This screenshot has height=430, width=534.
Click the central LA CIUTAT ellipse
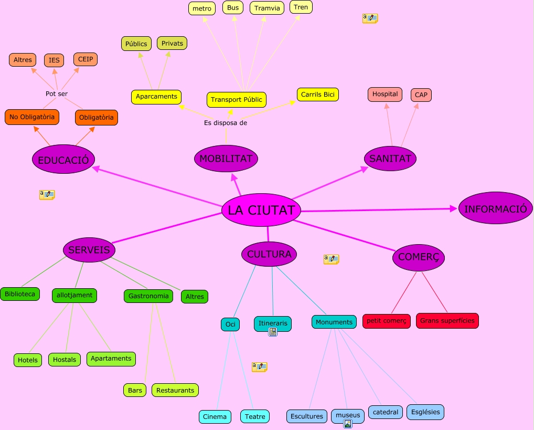click(x=261, y=211)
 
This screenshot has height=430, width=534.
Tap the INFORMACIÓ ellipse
click(x=495, y=208)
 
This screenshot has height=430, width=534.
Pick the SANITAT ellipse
click(x=390, y=158)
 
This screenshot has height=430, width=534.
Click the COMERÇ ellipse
click(x=419, y=257)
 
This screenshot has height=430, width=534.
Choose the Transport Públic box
click(x=236, y=99)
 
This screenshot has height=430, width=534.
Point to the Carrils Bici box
click(x=318, y=95)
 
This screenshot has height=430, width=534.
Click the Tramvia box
click(x=267, y=8)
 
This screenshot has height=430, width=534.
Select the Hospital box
click(x=385, y=95)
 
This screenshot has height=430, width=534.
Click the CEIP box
click(x=86, y=59)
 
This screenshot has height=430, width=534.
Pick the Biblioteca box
click(x=20, y=294)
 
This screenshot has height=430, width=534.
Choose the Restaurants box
click(x=175, y=390)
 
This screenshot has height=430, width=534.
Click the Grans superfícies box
click(x=447, y=320)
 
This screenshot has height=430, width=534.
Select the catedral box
click(x=386, y=412)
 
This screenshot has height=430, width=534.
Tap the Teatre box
click(x=255, y=416)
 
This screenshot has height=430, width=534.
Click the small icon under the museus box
click(x=347, y=424)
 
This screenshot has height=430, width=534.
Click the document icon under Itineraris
click(x=273, y=332)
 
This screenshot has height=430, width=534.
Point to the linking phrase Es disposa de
click(x=226, y=123)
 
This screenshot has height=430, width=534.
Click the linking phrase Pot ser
click(x=57, y=93)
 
